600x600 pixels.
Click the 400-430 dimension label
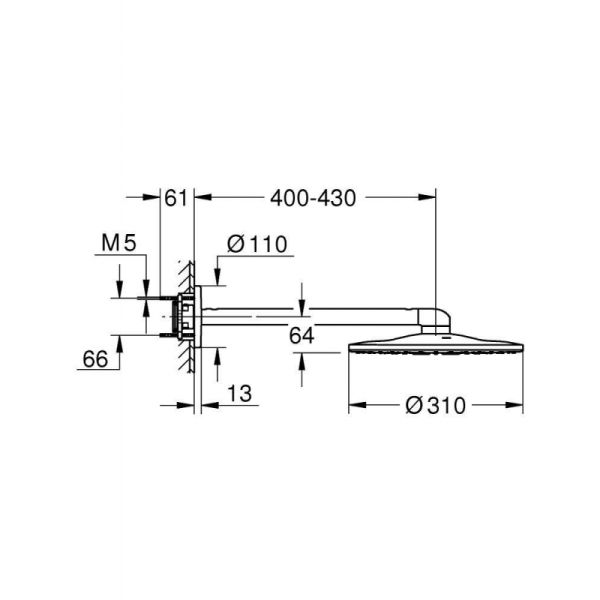click(x=313, y=198)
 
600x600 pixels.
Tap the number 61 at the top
click(x=176, y=198)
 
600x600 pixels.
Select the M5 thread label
click(x=119, y=243)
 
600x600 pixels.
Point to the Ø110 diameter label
click(x=257, y=244)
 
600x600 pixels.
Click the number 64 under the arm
click(x=302, y=336)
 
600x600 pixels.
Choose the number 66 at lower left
click(x=95, y=359)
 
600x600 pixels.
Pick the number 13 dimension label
click(x=240, y=393)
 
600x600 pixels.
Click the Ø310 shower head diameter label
click(x=435, y=406)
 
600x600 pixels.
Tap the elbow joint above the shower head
click(x=435, y=320)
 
